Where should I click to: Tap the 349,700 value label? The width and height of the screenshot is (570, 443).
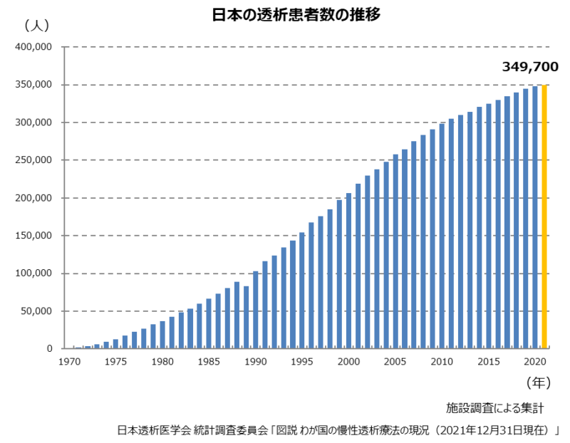(530, 67)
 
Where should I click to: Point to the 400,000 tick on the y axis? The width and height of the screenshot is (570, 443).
(34, 47)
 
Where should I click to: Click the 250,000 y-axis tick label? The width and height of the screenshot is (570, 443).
(34, 160)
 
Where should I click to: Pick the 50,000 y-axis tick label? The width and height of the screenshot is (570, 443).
(37, 311)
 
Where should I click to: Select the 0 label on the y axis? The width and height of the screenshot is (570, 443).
(51, 349)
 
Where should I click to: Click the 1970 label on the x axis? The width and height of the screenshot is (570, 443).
(69, 362)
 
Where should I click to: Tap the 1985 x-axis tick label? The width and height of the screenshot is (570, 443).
(209, 362)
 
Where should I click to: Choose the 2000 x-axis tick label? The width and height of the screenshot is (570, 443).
(348, 362)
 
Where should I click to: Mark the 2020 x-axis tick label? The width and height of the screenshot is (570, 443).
(534, 362)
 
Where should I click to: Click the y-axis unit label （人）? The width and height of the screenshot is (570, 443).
(36, 26)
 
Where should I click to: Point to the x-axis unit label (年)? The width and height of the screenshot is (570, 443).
(538, 382)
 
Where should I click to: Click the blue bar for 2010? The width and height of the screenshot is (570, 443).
(442, 236)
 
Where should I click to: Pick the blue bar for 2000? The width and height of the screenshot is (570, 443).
(348, 271)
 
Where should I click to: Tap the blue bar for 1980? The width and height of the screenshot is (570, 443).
(162, 335)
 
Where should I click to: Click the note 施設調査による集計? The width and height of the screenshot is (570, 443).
(495, 408)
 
